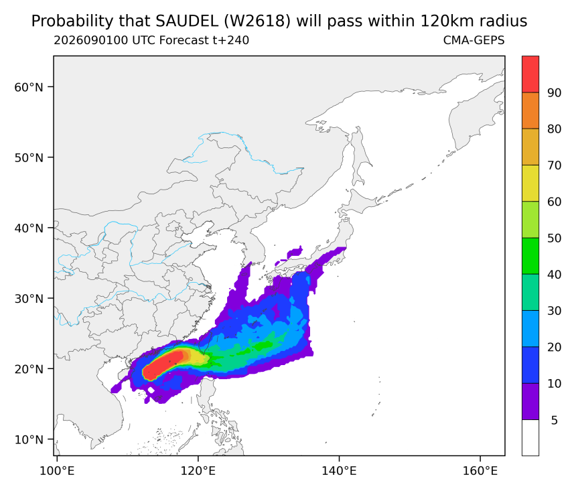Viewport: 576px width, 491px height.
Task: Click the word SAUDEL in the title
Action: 187,21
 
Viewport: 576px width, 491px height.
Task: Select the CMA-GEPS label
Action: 474,40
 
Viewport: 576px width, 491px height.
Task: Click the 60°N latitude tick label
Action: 29,87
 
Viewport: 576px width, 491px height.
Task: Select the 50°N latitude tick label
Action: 29,157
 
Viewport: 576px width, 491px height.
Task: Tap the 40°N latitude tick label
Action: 29,228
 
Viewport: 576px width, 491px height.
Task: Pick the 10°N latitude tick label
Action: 29,439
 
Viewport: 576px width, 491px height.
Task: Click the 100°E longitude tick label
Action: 57,471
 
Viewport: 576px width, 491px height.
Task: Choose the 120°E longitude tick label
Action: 198,471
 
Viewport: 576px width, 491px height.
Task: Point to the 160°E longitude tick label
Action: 480,471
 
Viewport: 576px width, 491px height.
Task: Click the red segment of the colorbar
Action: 530,74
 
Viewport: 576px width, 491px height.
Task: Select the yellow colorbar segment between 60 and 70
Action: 530,183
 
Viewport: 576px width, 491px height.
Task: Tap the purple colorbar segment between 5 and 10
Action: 530,401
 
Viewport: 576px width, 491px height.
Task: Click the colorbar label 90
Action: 555,92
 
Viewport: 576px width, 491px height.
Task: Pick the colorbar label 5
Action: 555,420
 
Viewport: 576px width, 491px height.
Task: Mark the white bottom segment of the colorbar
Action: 530,437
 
